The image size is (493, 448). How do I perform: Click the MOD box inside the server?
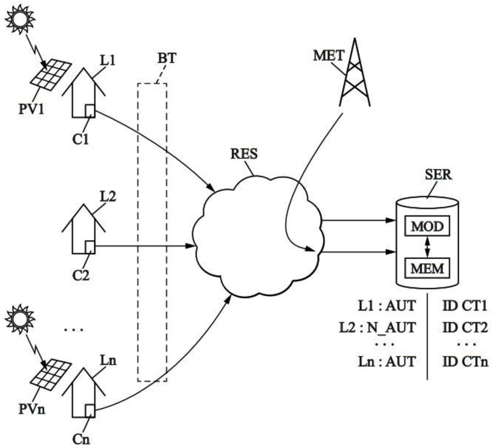427,226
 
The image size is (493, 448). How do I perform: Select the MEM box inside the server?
427,268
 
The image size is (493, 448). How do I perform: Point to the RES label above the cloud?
244,154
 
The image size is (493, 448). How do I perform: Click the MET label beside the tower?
328,55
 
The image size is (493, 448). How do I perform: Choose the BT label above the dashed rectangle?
167,58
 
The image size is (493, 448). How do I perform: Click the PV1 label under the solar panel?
32,109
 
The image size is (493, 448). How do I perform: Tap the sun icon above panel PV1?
20,19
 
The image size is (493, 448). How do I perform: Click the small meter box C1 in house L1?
90,111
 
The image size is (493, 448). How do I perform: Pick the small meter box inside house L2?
90,247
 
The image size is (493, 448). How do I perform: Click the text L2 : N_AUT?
377,327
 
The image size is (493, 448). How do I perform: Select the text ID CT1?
465,306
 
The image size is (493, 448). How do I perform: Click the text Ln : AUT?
387,362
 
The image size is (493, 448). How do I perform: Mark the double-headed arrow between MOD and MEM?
427,247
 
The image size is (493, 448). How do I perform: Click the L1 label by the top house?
108,60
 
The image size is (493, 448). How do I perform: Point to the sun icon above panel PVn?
20,319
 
